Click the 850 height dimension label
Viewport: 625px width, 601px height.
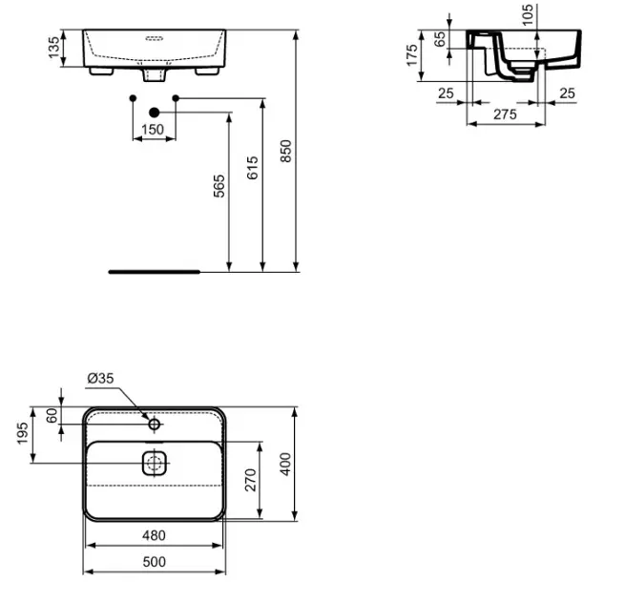tap(286, 151)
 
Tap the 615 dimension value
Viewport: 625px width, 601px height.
tap(252, 168)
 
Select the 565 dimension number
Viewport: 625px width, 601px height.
tap(219, 186)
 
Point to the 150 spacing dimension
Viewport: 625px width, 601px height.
tap(153, 130)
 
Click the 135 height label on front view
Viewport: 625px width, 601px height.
tap(53, 48)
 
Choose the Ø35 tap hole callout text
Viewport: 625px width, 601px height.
tap(100, 378)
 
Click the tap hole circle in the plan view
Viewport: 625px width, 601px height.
tap(155, 425)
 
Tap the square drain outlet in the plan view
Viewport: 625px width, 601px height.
tap(155, 463)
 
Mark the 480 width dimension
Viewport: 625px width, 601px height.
tap(154, 535)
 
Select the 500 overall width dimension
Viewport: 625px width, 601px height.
tap(154, 562)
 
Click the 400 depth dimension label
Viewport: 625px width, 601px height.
tap(285, 464)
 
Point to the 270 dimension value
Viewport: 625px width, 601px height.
tap(250, 480)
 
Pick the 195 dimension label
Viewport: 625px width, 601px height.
tap(22, 433)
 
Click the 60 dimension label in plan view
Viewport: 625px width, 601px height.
tap(52, 416)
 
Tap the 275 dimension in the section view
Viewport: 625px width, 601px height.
tap(505, 114)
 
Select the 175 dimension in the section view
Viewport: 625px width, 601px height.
tap(412, 55)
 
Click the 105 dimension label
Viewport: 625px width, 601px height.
tap(528, 14)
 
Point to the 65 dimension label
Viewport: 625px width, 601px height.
tap(440, 39)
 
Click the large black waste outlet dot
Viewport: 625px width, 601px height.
tap(155, 113)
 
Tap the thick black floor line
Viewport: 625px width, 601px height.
tap(155, 272)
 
